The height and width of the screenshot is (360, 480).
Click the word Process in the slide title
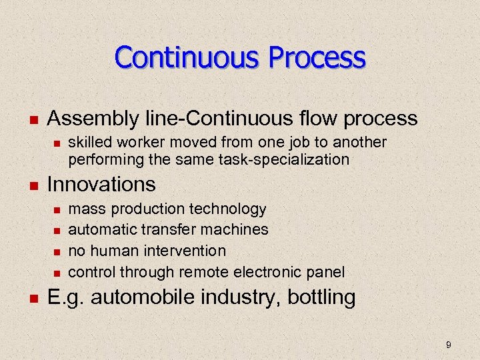pyautogui.click(x=317, y=57)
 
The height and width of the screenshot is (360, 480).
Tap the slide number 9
pyautogui.click(x=449, y=345)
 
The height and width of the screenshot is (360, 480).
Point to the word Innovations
pyautogui.click(x=101, y=184)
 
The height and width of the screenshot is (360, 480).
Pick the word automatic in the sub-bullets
pyautogui.click(x=101, y=230)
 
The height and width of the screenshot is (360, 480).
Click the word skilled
pyautogui.click(x=91, y=143)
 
